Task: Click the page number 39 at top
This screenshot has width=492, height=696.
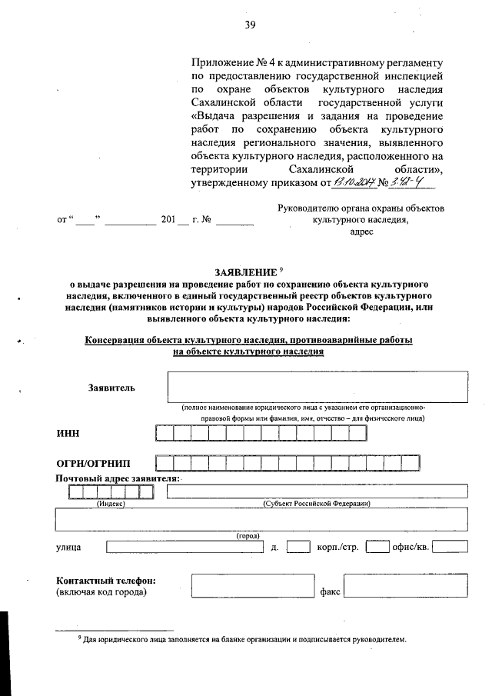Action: click(x=250, y=25)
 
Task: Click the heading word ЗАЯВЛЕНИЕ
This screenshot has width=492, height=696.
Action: click(x=245, y=273)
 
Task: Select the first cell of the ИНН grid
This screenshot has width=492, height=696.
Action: click(x=164, y=433)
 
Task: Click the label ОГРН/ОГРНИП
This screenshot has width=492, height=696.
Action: click(x=93, y=463)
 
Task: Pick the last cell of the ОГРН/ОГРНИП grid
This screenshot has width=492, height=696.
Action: click(x=411, y=463)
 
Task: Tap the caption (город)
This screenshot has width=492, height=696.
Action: click(x=247, y=535)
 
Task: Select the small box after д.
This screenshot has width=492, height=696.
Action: click(x=298, y=548)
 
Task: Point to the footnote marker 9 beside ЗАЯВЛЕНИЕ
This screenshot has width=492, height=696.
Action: click(x=281, y=268)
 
